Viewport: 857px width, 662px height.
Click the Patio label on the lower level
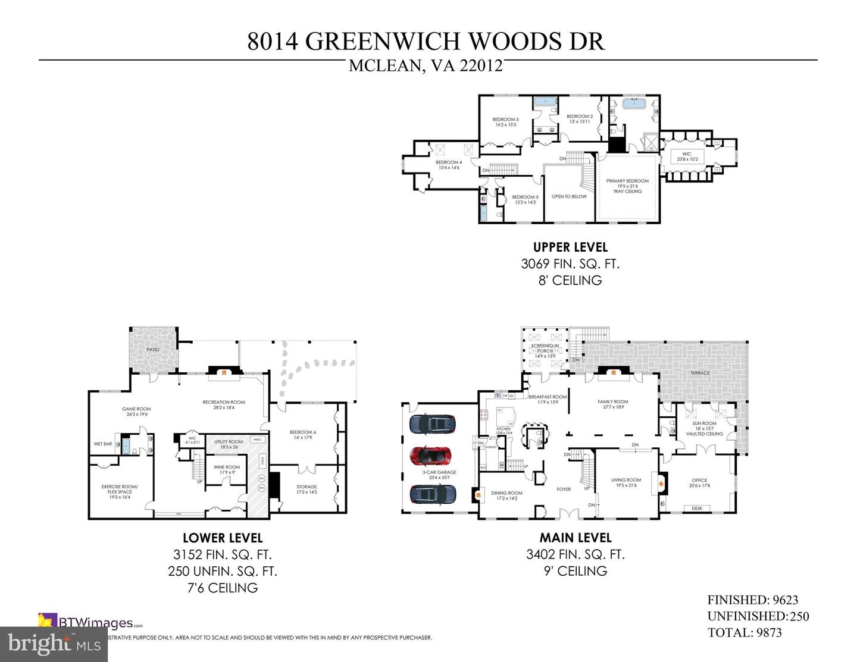(153, 350)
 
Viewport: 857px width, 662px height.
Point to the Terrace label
(700, 373)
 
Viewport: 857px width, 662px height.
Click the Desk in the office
(697, 508)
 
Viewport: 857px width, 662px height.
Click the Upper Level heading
(570, 247)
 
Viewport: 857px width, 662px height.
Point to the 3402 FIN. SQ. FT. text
(575, 554)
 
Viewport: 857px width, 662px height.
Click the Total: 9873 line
(745, 632)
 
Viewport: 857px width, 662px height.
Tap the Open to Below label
(569, 196)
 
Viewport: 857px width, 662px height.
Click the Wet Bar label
(103, 444)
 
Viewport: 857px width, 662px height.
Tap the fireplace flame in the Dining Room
(477, 492)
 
